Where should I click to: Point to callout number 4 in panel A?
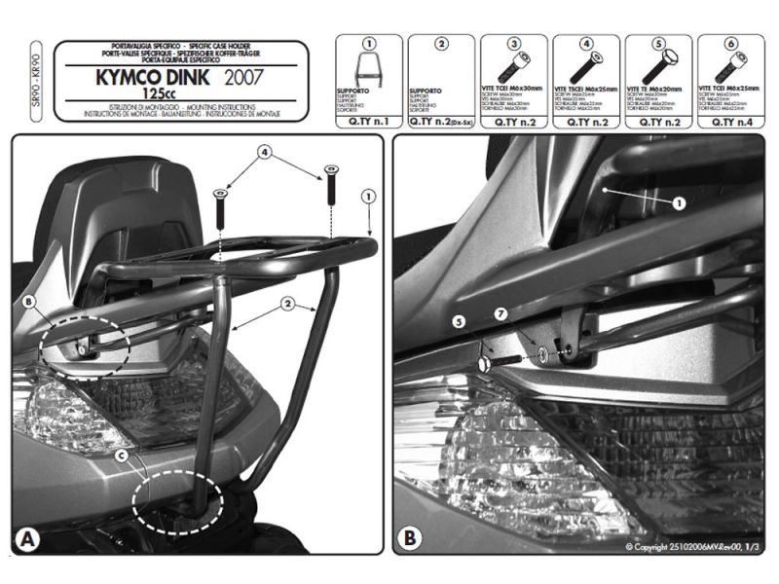[264, 153]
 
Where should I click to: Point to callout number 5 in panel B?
[459, 319]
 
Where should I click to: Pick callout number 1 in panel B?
[678, 202]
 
